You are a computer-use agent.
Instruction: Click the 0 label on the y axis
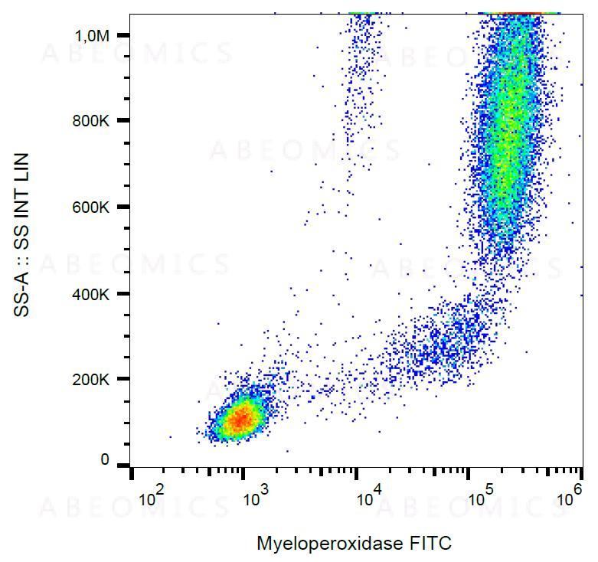pos(106,461)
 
